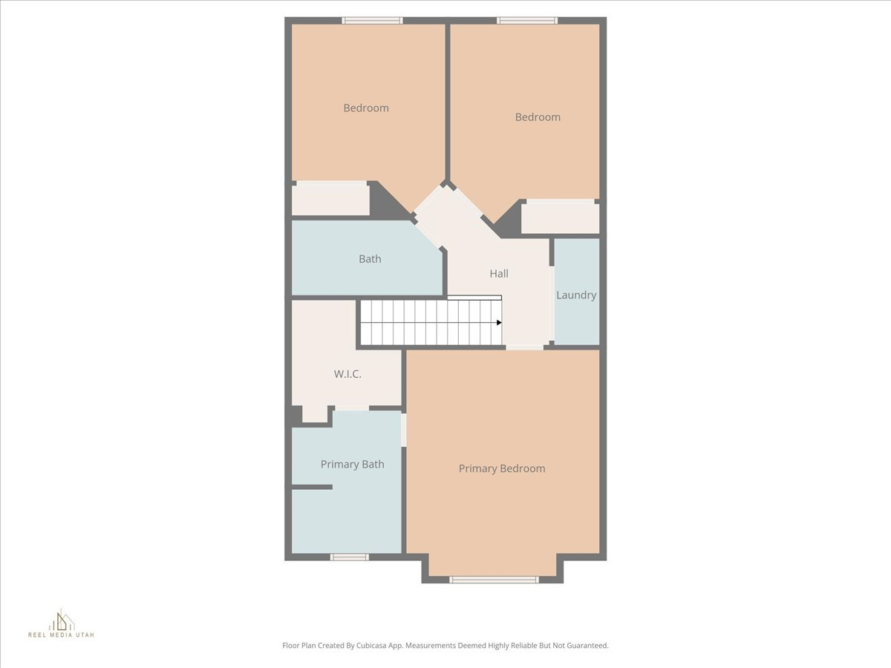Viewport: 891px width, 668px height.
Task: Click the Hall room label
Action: pos(499,274)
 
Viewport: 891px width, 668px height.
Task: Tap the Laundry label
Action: pos(576,295)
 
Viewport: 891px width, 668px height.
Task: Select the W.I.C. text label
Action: pos(347,374)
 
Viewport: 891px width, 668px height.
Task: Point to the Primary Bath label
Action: pos(353,465)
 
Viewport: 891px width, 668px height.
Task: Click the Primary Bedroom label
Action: pos(502,469)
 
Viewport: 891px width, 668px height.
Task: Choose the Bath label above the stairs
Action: pos(370,259)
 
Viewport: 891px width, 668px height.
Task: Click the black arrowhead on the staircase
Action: pos(499,323)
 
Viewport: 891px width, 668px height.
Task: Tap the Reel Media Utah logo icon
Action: pos(62,620)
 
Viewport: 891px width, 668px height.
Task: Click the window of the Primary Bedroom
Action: pos(494,580)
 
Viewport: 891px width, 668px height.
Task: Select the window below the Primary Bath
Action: pos(349,557)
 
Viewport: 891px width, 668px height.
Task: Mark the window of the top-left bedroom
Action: pos(372,21)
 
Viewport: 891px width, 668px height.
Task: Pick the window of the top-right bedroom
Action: pos(527,21)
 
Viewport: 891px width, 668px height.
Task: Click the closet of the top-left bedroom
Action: pos(330,199)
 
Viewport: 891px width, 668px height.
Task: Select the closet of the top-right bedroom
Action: pos(560,217)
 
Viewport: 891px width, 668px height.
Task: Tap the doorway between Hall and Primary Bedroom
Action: pos(524,347)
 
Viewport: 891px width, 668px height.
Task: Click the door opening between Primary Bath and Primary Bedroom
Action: pos(404,430)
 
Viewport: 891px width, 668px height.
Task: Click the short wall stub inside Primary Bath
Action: pos(312,487)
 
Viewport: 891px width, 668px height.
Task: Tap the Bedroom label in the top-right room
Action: pos(538,117)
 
